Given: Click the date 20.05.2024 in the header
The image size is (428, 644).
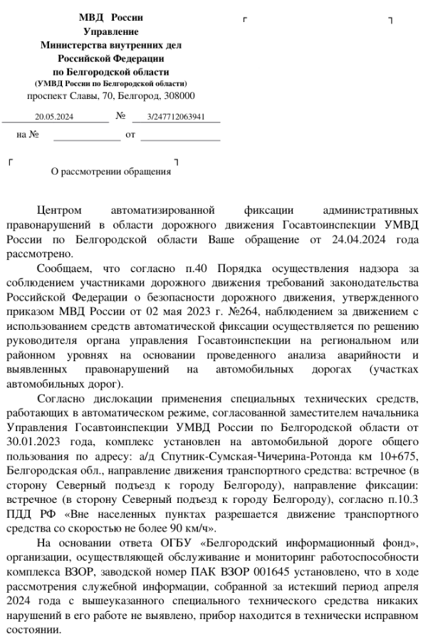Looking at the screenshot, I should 54,116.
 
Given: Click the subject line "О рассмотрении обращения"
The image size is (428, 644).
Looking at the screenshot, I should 111,171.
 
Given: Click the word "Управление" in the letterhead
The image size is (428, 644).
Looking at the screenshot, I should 111,31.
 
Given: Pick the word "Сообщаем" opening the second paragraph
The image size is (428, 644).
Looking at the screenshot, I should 63,268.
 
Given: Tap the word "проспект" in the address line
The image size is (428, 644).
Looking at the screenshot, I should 48,95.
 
